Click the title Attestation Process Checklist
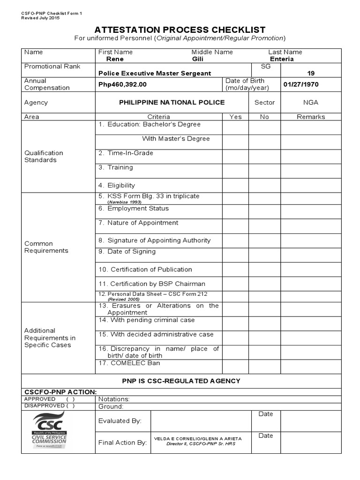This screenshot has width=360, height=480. [x=180, y=30]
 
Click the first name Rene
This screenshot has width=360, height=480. [x=115, y=59]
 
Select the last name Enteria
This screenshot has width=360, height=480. [x=282, y=59]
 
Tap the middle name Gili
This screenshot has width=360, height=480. [x=198, y=59]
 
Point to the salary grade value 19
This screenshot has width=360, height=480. [x=311, y=73]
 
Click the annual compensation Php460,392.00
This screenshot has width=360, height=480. [x=122, y=84]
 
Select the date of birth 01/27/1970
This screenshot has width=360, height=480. [x=303, y=84]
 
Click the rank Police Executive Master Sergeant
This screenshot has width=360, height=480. [x=155, y=73]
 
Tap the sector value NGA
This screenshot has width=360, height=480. [x=311, y=102]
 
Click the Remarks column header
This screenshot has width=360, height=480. [x=311, y=117]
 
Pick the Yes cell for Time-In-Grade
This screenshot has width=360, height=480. [x=235, y=157]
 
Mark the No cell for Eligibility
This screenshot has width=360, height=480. [x=264, y=185]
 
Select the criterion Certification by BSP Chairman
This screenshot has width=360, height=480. [x=152, y=284]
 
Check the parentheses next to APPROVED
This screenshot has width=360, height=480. [x=70, y=399]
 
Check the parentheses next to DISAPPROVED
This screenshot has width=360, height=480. [x=70, y=406]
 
